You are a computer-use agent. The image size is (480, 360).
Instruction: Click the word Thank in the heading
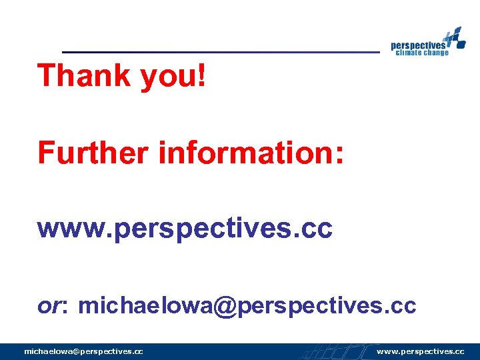(85, 76)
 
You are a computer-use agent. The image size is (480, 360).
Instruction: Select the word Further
(93, 152)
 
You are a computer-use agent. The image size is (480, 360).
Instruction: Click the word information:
(251, 152)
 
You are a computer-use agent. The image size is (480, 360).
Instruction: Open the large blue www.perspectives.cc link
(185, 229)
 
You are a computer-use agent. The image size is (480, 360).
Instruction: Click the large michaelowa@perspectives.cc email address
(247, 306)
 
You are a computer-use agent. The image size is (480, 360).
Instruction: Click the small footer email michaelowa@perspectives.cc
(83, 351)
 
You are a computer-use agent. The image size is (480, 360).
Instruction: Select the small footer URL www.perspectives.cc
(420, 351)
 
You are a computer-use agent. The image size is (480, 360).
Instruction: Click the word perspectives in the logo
(418, 44)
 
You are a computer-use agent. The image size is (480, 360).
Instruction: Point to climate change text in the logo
(422, 53)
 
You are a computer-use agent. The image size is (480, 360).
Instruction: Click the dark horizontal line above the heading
(220, 51)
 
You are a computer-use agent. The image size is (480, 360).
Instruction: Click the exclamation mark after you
(202, 76)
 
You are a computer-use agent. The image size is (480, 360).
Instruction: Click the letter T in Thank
(47, 76)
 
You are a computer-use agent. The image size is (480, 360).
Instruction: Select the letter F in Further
(45, 152)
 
